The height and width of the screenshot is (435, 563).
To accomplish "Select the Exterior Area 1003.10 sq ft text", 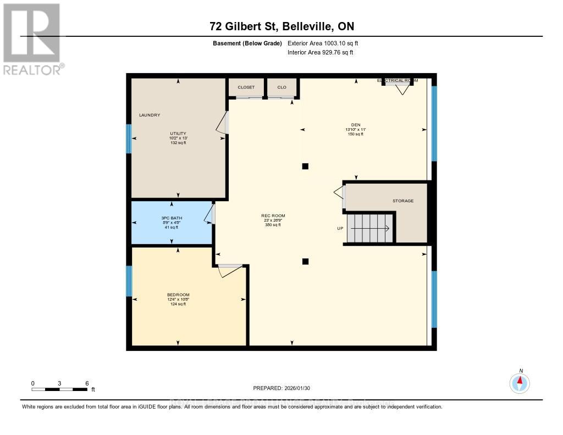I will click(323, 43).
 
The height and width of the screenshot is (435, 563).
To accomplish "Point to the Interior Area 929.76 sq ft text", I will click(320, 52).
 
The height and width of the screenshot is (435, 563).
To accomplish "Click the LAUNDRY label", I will click(150, 115).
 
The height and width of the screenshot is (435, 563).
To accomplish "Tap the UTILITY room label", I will click(178, 133).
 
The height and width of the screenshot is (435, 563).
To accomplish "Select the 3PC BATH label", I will click(172, 218).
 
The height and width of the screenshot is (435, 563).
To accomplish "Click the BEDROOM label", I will click(178, 295).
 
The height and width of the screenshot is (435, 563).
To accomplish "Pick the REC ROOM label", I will click(273, 216).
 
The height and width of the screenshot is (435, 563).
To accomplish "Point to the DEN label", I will click(356, 124).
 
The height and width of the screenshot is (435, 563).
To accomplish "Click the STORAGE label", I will click(402, 201).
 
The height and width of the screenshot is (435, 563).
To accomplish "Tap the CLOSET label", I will click(246, 87).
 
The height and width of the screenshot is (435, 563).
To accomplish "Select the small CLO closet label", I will click(281, 87).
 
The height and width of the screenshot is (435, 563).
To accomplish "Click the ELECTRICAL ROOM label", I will click(397, 80).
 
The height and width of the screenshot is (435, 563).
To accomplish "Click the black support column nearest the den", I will click(306, 166).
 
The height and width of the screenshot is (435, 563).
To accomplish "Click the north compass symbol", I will click(520, 382).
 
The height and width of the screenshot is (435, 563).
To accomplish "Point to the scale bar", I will click(59, 389).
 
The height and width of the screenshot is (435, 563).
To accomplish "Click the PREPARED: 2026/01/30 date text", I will click(281, 388).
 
